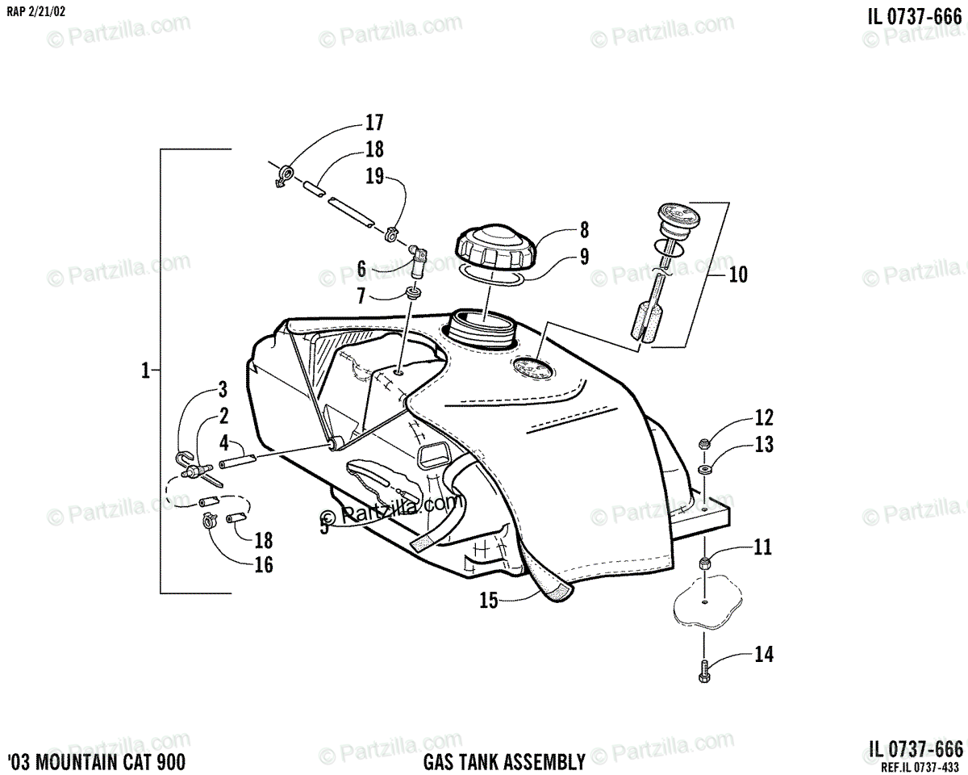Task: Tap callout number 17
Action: (374, 124)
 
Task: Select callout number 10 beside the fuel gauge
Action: (737, 274)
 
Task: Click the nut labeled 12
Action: (703, 442)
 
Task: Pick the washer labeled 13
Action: (704, 468)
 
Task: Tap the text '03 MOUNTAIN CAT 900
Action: (94, 760)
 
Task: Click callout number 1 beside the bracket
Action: (145, 371)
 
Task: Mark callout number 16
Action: (264, 564)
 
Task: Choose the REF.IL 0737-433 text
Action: (920, 768)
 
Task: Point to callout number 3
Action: (223, 392)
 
